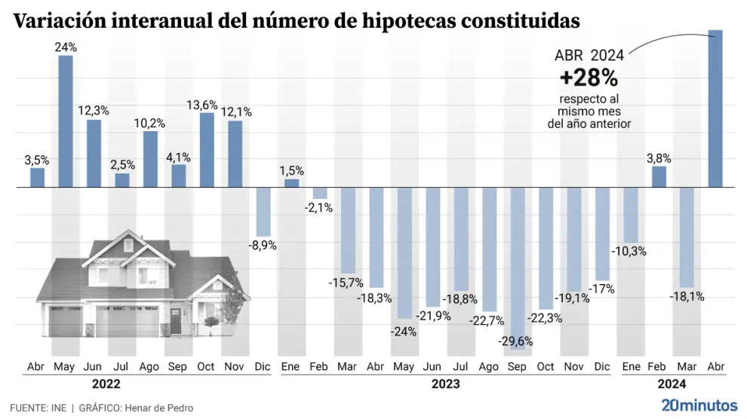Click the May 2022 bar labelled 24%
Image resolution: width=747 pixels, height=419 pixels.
[x=66, y=121]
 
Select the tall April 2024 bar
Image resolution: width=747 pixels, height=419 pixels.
[x=715, y=109]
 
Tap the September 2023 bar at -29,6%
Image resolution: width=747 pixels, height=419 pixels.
[x=518, y=268]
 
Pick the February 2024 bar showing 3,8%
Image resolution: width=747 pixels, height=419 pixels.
[x=659, y=176]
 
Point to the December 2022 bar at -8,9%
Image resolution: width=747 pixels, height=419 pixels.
[x=263, y=212]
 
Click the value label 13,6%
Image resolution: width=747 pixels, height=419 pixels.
[x=207, y=106]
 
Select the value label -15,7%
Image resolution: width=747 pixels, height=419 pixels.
[x=346, y=283]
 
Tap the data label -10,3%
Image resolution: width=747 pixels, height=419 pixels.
[x=629, y=251]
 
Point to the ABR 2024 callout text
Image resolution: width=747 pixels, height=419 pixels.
[x=589, y=55]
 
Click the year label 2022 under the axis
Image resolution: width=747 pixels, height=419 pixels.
[x=107, y=384]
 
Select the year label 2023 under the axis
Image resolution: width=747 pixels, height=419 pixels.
[x=446, y=384]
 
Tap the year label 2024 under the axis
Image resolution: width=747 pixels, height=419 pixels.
[x=672, y=384]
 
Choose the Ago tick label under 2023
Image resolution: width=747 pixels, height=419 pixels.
[x=489, y=367]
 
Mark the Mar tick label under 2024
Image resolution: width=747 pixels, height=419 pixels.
[x=687, y=367]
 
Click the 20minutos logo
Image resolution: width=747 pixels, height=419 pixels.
[x=698, y=405]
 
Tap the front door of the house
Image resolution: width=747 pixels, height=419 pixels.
[x=176, y=322]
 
